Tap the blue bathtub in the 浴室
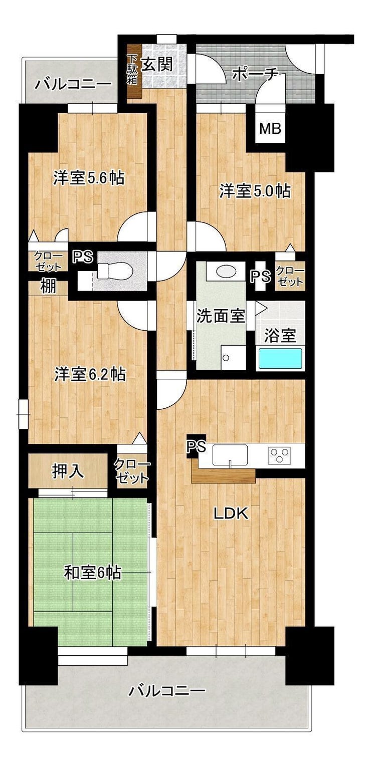point(280,358)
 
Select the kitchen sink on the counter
point(230,455)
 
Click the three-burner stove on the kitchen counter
point(280,455)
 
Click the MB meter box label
point(270,129)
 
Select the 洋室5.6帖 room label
point(89,178)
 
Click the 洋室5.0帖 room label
point(255,191)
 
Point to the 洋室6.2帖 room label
point(90,375)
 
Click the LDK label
point(231,514)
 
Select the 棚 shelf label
point(48,287)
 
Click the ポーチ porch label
point(255,74)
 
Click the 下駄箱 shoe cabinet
point(134,71)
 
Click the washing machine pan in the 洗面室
point(233,357)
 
